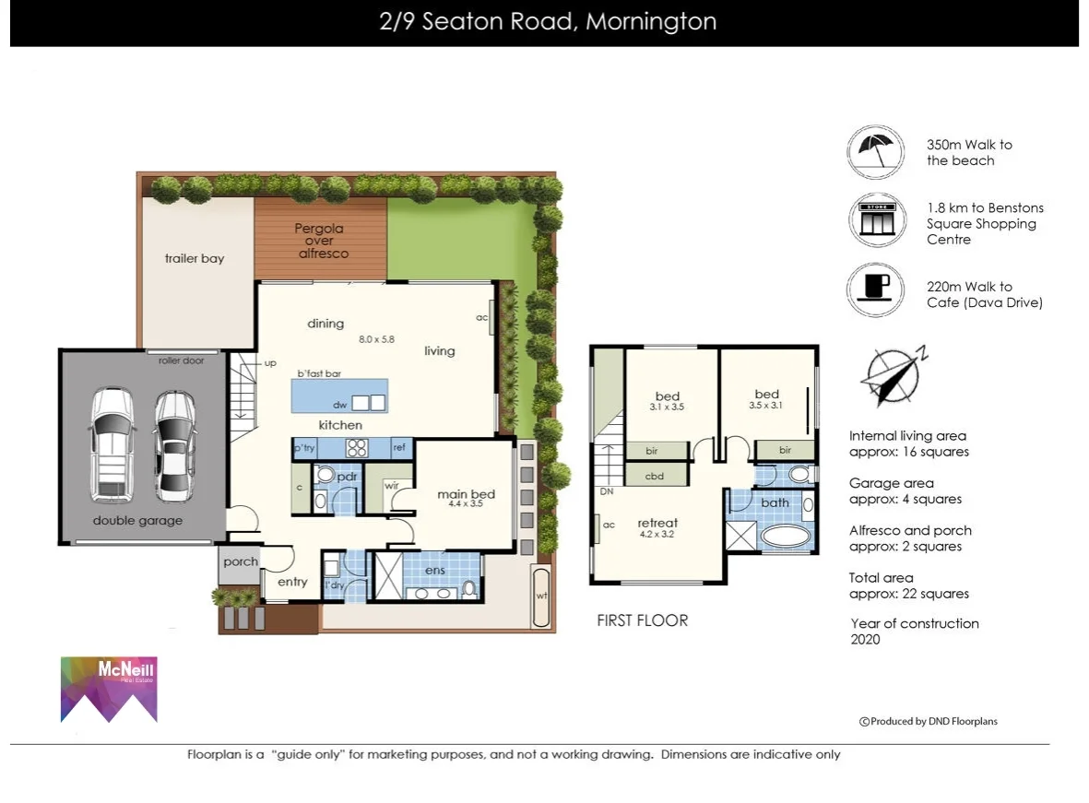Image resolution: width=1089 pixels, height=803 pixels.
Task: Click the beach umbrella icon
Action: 876,152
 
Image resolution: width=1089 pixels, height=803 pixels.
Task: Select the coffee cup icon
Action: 876,289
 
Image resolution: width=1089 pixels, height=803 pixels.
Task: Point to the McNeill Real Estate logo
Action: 109,689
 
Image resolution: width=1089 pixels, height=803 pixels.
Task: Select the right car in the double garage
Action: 174,444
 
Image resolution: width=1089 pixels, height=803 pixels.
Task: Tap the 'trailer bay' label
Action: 194,259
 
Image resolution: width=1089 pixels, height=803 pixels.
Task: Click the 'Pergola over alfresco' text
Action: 319,241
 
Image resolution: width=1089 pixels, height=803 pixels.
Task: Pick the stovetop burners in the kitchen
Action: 357,448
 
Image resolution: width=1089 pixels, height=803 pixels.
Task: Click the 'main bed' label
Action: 466,495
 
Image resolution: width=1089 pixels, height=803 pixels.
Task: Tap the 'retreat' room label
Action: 657,523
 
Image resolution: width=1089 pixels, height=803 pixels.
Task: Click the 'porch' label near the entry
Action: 241,561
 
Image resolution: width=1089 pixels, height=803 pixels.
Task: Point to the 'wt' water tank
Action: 541,595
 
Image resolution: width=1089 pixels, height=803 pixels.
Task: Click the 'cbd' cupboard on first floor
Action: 656,476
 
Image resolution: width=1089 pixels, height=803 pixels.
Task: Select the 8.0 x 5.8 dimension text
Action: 376,339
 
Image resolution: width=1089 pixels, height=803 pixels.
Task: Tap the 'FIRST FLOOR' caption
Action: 642,620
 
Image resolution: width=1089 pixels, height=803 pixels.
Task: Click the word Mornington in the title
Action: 651,22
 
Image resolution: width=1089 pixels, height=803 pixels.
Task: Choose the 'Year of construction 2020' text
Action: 914,632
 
